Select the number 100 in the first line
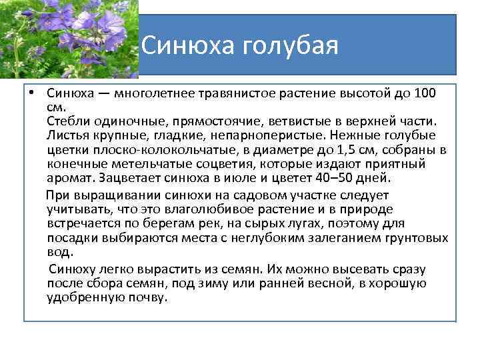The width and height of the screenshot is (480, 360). click(x=423, y=93)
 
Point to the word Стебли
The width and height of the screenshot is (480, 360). click(x=67, y=121)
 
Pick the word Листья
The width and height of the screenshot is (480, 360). click(x=67, y=135)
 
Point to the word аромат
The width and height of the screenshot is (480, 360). click(x=69, y=178)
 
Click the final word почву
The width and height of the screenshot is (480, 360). click(x=147, y=297)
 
